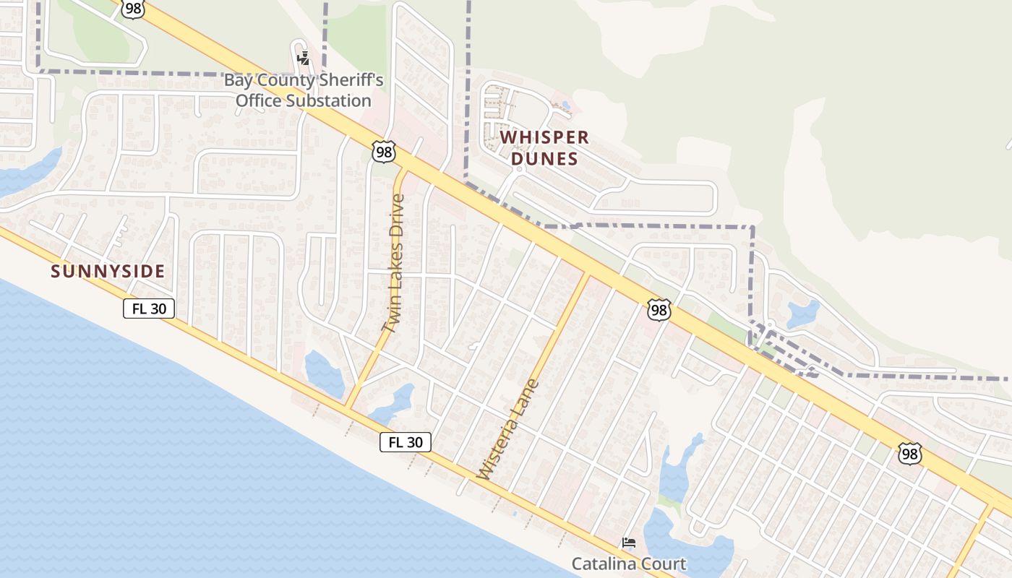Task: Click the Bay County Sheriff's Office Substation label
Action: click(x=304, y=90)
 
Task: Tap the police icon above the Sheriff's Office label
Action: click(x=304, y=59)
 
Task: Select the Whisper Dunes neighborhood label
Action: click(x=544, y=147)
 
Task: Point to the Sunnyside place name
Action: click(x=108, y=272)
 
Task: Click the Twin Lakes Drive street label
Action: click(x=393, y=263)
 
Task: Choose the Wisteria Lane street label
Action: click(x=509, y=429)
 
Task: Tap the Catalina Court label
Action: click(x=628, y=563)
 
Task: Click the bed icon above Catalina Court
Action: click(x=629, y=542)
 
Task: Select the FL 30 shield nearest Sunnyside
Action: click(x=149, y=309)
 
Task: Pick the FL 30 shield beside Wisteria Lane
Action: click(x=406, y=442)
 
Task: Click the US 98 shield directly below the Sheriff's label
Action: click(x=385, y=152)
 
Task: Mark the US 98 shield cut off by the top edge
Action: click(x=132, y=7)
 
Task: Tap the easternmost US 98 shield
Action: click(x=910, y=454)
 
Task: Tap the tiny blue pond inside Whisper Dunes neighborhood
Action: click(x=565, y=106)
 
